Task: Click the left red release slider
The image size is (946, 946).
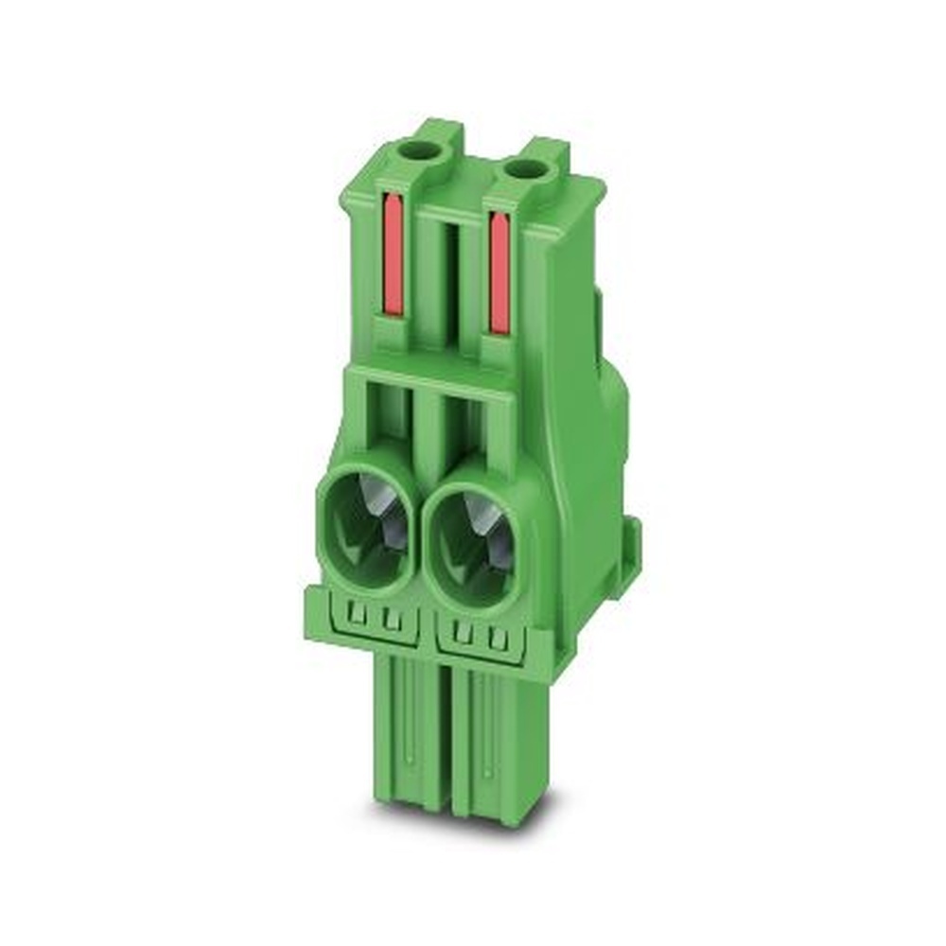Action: [x=394, y=254]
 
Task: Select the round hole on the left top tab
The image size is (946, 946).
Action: [x=418, y=149]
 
